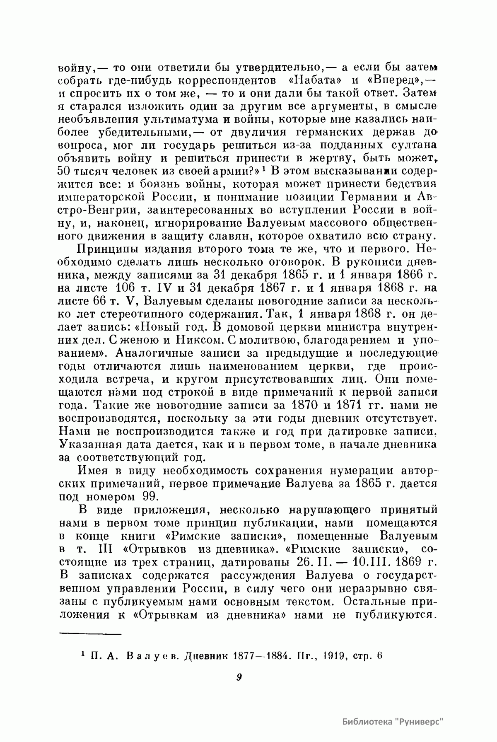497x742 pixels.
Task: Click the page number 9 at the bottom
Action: pyautogui.click(x=239, y=678)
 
